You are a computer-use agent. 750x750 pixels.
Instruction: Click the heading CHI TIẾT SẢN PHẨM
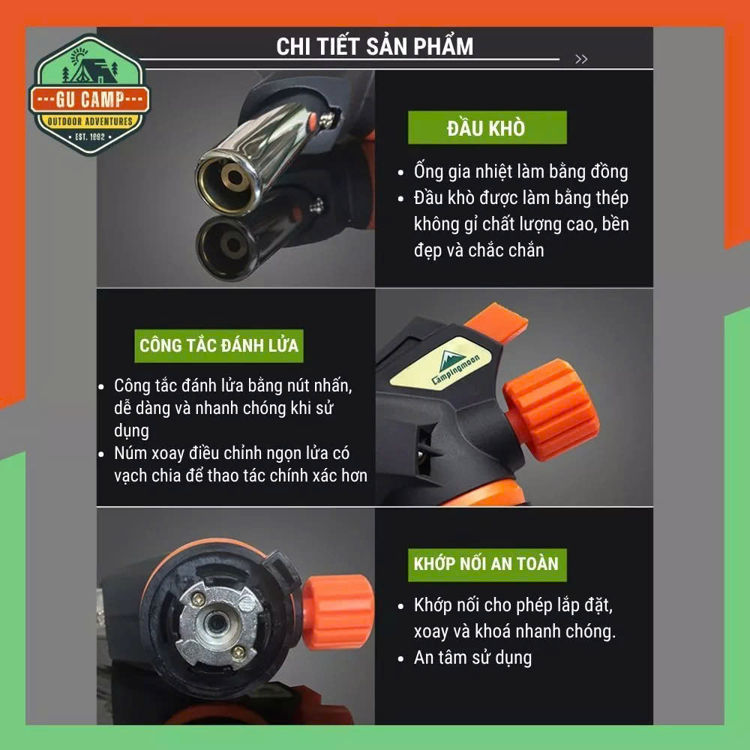374,46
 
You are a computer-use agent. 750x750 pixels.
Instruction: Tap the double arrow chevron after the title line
581,58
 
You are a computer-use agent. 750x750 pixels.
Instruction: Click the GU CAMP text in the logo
90,100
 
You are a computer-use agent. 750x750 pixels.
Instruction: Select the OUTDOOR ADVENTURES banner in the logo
90,121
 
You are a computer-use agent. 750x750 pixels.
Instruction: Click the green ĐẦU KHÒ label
487,127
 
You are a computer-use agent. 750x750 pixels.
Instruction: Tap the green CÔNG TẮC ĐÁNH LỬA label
218,345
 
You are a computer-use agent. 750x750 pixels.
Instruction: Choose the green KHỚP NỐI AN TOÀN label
487,565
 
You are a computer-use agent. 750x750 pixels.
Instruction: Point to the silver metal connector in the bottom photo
218,623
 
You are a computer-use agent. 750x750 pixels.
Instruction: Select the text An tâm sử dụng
472,658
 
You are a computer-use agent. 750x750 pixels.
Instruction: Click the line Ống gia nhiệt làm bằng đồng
521,172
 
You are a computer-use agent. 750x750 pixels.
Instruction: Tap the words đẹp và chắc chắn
478,250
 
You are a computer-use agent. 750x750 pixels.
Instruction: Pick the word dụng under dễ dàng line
131,431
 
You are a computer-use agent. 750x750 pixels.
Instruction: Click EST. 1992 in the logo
90,136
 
